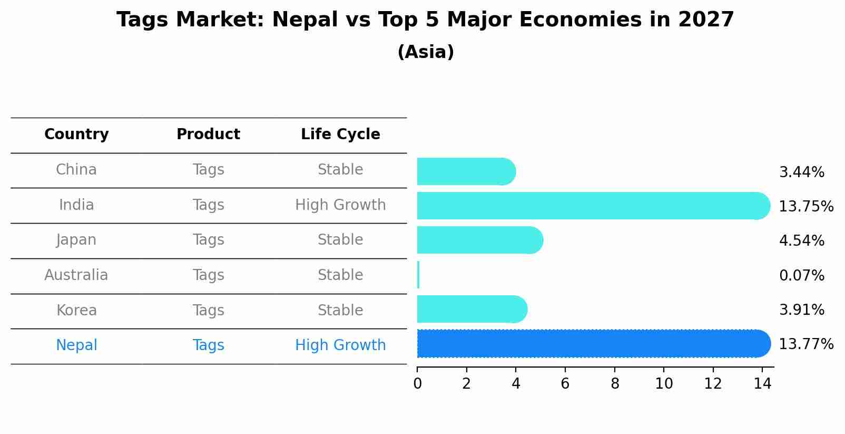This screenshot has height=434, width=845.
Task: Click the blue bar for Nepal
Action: coord(593,343)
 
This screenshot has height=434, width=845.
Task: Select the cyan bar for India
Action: coord(593,206)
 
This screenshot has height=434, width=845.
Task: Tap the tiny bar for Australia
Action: coord(418,275)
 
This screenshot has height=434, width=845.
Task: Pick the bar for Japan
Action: coord(479,240)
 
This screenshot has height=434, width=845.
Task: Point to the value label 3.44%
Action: coord(801,172)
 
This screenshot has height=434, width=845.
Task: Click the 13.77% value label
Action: coord(805,344)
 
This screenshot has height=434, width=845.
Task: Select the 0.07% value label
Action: coord(801,275)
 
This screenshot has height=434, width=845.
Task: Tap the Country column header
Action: coord(76,134)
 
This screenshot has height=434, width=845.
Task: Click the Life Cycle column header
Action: coord(340,134)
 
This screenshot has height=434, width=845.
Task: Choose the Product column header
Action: coord(208,134)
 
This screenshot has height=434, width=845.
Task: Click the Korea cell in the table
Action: coord(76,310)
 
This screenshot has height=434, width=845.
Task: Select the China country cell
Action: coord(76,170)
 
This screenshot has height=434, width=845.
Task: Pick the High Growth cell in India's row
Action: coord(340,205)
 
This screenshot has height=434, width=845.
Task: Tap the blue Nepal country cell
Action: coord(76,345)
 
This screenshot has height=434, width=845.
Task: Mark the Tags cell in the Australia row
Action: coord(208,275)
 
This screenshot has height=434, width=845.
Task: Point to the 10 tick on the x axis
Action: coord(664,384)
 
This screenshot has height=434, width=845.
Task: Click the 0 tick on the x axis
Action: coord(417,384)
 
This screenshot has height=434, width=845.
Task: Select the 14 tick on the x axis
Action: coord(762,384)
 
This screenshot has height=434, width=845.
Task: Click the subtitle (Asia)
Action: coord(426,52)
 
